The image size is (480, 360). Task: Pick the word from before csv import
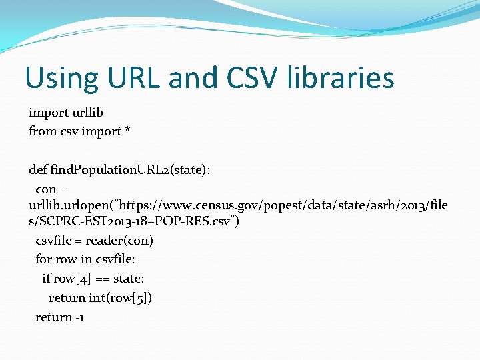tap(43, 131)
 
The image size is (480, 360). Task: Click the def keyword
tap(38, 170)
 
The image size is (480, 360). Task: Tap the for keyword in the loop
tap(44, 259)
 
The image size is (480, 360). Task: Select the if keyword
tap(46, 279)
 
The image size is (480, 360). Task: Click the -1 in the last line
tap(79, 317)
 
